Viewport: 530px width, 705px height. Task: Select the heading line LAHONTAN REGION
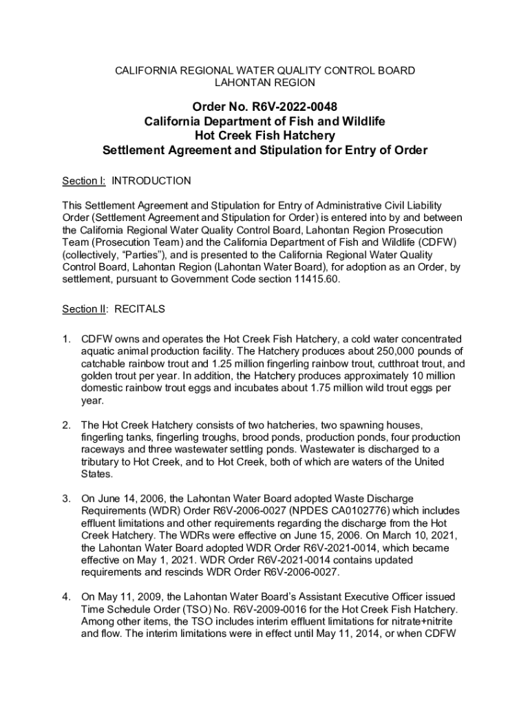pyautogui.click(x=264, y=83)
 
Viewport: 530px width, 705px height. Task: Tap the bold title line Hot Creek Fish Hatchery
pyautogui.click(x=265, y=136)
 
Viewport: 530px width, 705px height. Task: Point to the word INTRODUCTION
pyautogui.click(x=151, y=180)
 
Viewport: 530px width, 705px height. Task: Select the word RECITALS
pyautogui.click(x=140, y=309)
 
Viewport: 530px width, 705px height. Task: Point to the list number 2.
pyautogui.click(x=66, y=425)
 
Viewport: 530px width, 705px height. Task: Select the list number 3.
pyautogui.click(x=66, y=498)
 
